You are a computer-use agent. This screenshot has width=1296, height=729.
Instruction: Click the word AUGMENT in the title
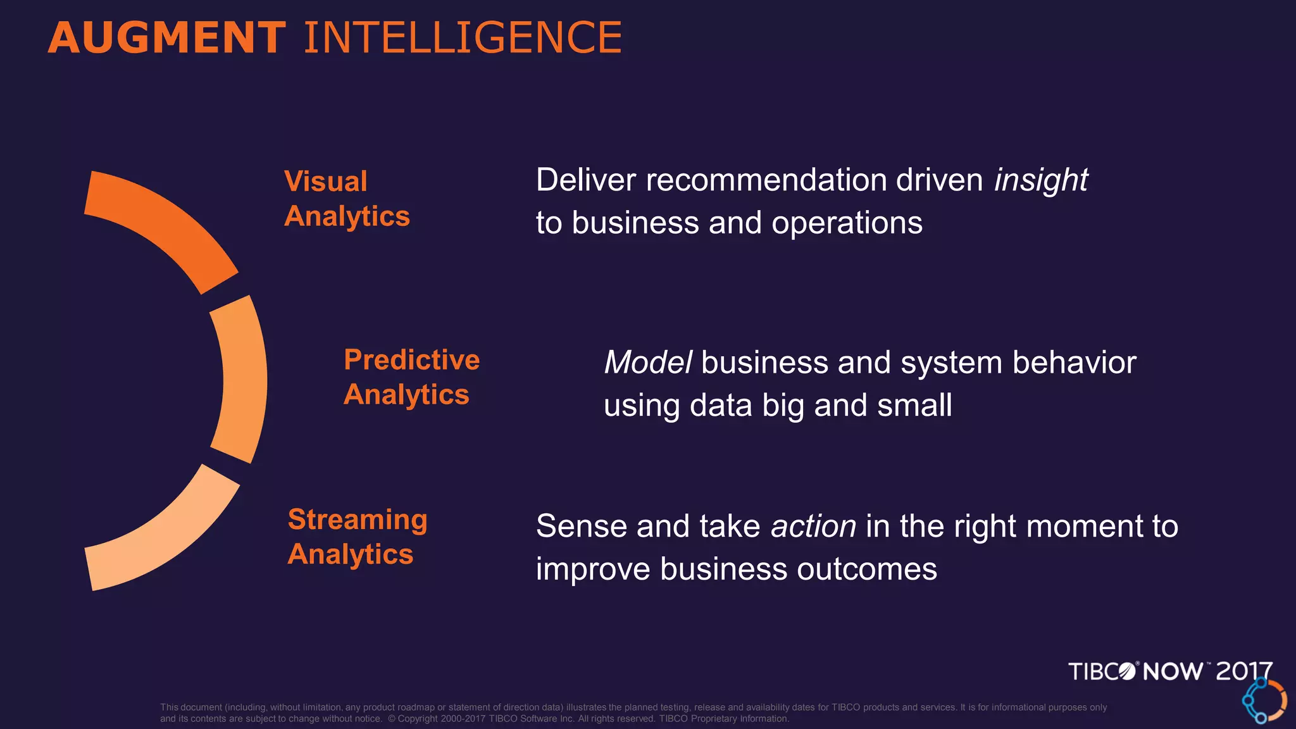tap(166, 38)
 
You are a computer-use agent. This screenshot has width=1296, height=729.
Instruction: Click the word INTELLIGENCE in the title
tap(463, 38)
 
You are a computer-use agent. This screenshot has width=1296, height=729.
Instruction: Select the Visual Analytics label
tap(347, 199)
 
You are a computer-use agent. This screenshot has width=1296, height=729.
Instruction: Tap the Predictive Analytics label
tap(411, 377)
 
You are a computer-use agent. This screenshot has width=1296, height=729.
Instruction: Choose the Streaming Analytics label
tap(358, 537)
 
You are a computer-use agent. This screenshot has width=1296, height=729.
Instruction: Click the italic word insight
tap(1041, 180)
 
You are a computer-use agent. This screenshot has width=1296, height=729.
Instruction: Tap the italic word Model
tap(647, 363)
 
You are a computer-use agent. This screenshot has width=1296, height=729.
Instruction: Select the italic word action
tap(813, 526)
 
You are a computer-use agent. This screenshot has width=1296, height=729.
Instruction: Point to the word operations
tap(847, 223)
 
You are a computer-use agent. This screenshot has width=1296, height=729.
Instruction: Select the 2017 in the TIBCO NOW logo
tap(1243, 671)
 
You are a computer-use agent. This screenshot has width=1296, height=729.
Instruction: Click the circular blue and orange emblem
tap(1264, 701)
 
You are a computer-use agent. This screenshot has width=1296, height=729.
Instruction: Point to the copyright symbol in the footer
tap(392, 719)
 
